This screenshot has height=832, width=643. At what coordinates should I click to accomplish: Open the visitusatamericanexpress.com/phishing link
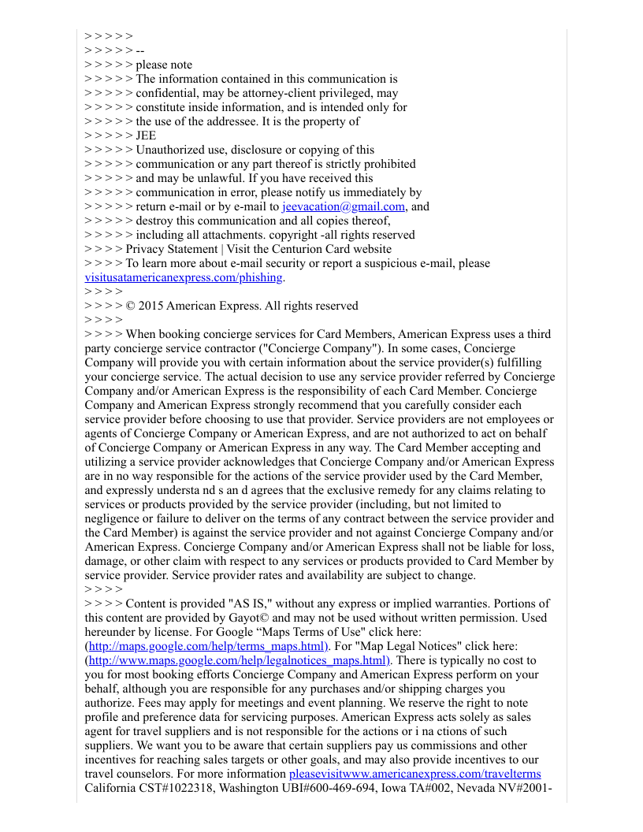(x=184, y=277)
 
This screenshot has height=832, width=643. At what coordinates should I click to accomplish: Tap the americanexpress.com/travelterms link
(x=415, y=774)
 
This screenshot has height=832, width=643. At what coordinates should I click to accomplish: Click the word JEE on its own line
(x=146, y=136)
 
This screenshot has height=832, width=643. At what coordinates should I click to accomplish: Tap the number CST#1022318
(x=178, y=788)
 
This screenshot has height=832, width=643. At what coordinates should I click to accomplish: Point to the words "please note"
(x=164, y=65)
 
